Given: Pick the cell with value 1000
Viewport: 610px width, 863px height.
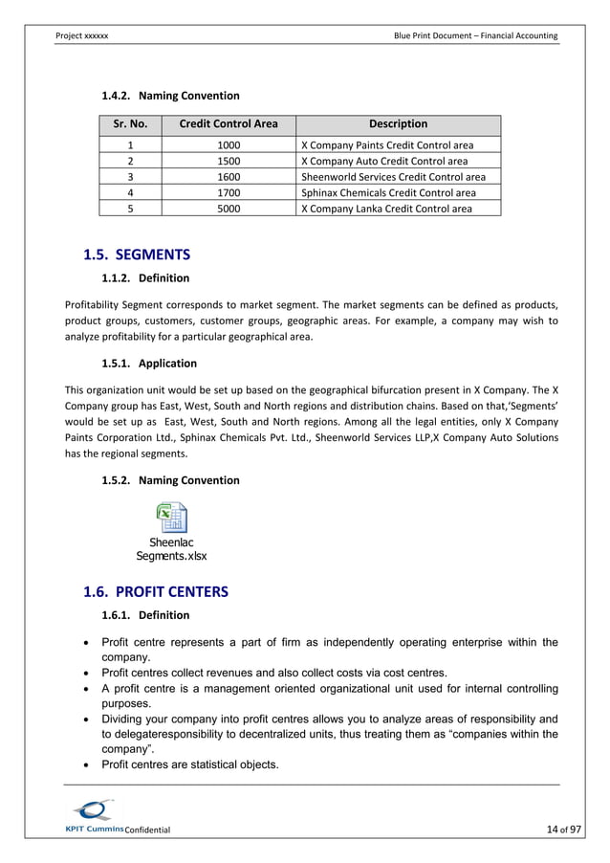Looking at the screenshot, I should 229,145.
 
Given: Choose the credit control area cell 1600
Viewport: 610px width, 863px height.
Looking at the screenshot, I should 229,177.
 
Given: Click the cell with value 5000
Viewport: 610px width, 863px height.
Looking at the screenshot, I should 229,209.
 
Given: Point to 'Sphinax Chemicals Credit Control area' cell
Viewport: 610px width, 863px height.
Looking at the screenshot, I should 387,192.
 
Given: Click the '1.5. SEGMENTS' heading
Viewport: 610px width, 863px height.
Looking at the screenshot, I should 138,254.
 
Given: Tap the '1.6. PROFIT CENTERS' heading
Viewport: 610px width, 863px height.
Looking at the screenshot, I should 157,591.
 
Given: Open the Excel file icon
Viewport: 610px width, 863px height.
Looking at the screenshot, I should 171,518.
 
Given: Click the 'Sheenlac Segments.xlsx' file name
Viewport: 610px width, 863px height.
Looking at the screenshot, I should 171,549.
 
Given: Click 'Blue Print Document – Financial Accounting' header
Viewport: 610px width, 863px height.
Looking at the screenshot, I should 475,35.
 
